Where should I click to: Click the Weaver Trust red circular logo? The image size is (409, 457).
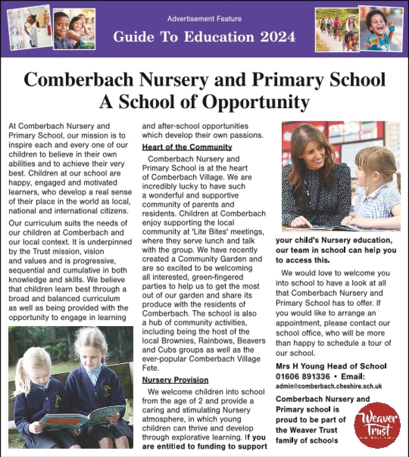click(x=377, y=425)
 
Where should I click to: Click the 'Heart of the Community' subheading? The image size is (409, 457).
click(x=187, y=147)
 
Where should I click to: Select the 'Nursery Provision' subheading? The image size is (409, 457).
click(x=175, y=380)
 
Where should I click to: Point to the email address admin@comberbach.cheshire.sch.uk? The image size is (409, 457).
click(x=329, y=386)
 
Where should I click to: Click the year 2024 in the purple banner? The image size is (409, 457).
click(x=278, y=37)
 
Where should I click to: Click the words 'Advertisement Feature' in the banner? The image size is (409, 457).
click(x=204, y=19)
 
